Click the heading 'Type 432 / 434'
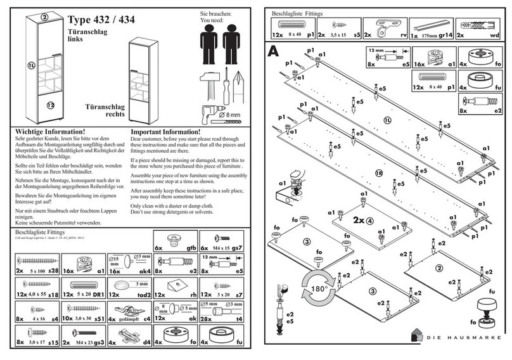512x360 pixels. coord(102,19)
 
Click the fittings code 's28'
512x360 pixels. coord(53,271)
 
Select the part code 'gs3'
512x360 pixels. coord(99,342)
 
